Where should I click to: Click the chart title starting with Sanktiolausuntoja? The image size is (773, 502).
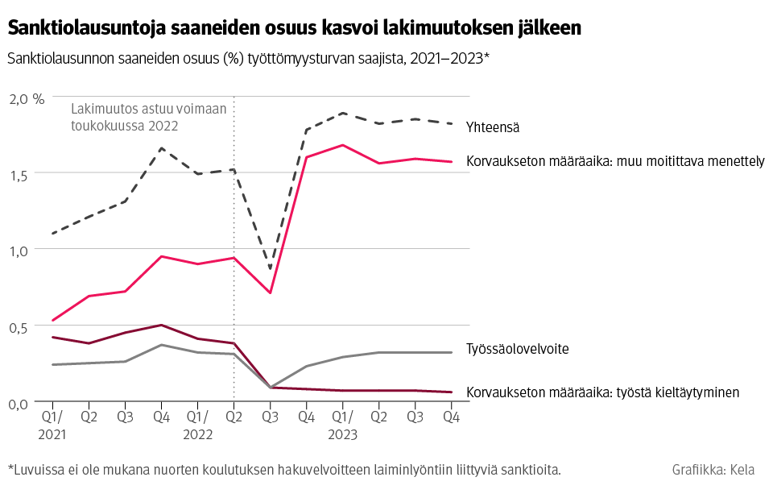(x=294, y=28)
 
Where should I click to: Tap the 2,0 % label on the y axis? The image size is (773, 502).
(x=27, y=98)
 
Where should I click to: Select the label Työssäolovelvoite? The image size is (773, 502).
(x=518, y=349)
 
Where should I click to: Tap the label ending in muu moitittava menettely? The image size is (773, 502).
(x=615, y=161)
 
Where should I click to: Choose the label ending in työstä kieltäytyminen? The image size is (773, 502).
(x=602, y=392)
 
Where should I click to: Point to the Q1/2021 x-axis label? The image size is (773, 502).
(x=52, y=425)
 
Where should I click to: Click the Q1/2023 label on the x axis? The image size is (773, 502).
(x=343, y=425)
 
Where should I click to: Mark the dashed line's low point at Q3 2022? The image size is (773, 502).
(x=271, y=268)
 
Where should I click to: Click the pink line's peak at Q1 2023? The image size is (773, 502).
(x=343, y=145)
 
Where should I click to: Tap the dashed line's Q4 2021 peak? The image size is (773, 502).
(x=161, y=148)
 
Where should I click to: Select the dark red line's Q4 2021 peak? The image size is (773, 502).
(x=161, y=325)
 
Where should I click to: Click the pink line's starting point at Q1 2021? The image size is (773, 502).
(x=52, y=321)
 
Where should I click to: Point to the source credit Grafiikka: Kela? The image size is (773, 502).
(x=713, y=470)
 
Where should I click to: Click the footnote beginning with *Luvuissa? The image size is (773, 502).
(x=283, y=470)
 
